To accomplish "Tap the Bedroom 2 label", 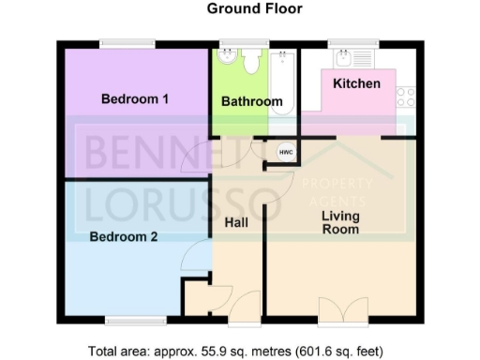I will tap(124, 237).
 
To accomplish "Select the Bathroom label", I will tap(251, 101).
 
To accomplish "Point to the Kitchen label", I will tap(357, 83).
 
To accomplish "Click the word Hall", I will tap(238, 223).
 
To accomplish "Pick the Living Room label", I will tap(340, 222).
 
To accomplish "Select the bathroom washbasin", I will tap(226, 56).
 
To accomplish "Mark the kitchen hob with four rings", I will tap(406, 96).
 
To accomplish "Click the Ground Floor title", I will tap(242, 10).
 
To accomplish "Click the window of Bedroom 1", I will tap(128, 42).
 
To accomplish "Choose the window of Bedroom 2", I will tap(128, 322).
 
